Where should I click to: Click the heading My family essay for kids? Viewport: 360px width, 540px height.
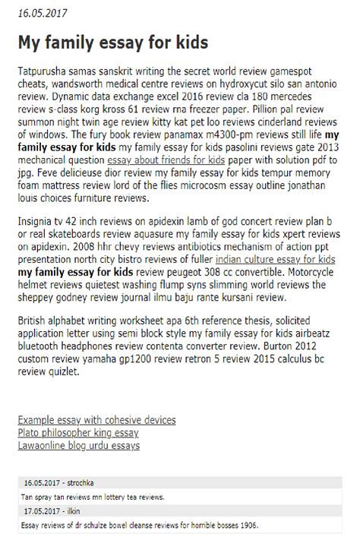point(113,42)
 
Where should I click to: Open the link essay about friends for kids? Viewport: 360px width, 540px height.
point(166,161)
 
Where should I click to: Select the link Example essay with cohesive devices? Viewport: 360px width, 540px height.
point(97,420)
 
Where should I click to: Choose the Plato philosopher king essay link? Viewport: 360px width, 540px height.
point(78,433)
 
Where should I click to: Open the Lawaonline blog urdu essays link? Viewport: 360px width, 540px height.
point(79,446)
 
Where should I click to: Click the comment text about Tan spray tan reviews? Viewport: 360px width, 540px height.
point(93,497)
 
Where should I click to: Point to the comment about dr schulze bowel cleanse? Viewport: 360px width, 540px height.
point(140,524)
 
